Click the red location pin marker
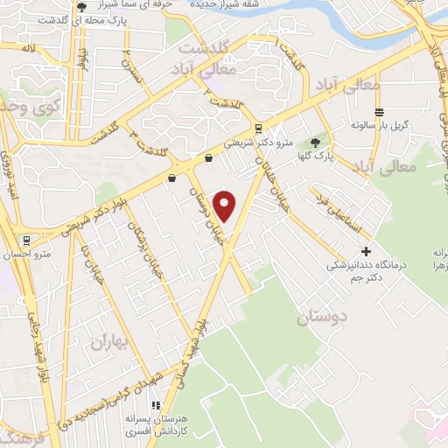(226, 206)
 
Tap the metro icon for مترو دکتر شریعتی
(257, 128)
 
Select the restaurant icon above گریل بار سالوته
(379, 112)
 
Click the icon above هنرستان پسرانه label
(156, 406)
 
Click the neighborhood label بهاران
(110, 342)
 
